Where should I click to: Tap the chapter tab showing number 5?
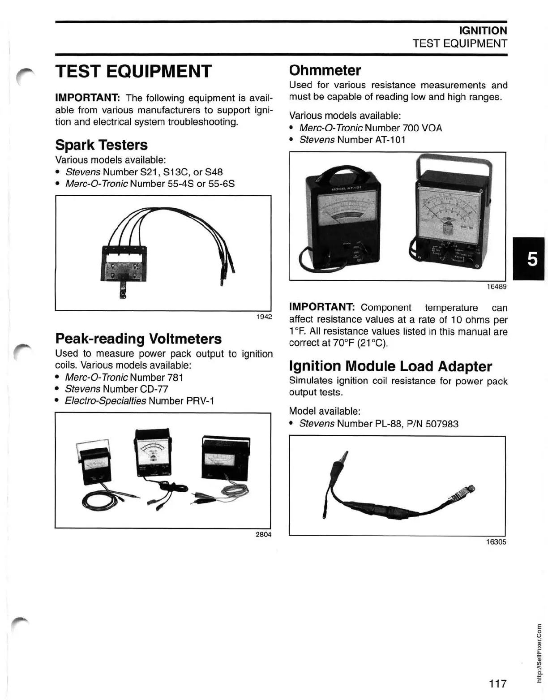(532, 259)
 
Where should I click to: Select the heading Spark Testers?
(101, 145)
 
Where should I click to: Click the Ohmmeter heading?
(325, 70)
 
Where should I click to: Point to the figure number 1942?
(264, 317)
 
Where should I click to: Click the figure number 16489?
(497, 287)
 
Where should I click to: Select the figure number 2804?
(263, 534)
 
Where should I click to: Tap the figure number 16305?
(496, 542)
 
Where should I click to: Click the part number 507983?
(441, 424)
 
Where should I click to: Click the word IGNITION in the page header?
(483, 30)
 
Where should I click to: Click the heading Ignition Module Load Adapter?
(390, 366)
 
